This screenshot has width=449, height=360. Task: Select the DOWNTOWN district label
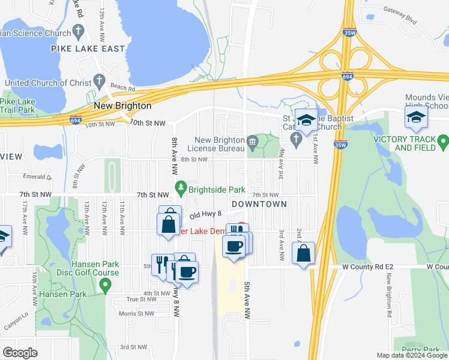point(259,204)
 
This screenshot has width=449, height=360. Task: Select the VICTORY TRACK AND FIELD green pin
point(443,142)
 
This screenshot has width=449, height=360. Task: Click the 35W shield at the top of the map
point(347,34)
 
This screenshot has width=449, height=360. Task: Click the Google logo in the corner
point(20,353)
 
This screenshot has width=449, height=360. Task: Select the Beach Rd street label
point(121,88)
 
